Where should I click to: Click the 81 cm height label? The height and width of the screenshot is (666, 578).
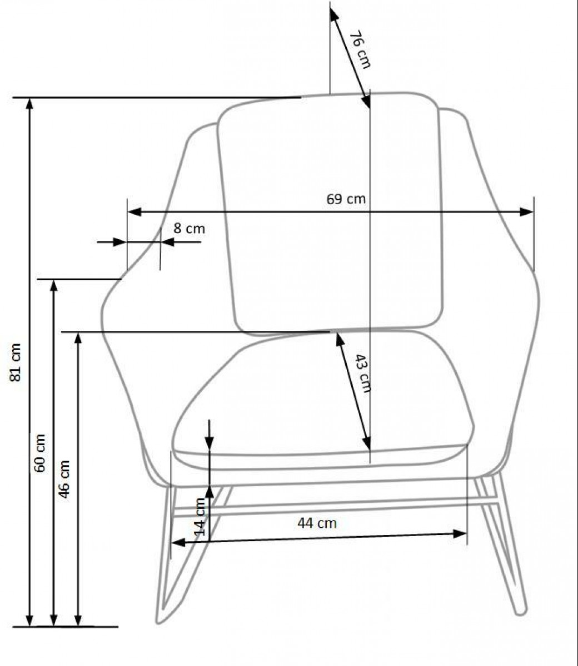(x=16, y=362)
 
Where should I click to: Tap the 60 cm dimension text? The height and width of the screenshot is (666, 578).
(x=40, y=453)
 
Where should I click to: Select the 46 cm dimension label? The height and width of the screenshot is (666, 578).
(x=64, y=480)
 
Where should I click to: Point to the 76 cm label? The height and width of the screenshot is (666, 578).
(x=360, y=49)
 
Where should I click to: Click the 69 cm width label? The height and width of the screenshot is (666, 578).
(x=346, y=199)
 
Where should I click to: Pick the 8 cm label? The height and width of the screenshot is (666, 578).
(x=189, y=229)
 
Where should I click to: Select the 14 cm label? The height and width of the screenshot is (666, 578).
(x=200, y=517)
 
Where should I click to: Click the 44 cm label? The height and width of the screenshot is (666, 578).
(x=317, y=523)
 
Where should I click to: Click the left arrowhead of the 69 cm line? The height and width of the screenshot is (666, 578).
(x=134, y=212)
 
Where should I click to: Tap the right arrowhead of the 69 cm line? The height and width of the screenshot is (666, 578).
(x=526, y=212)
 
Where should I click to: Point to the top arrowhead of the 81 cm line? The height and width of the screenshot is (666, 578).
(x=29, y=104)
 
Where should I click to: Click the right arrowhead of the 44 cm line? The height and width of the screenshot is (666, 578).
(x=460, y=534)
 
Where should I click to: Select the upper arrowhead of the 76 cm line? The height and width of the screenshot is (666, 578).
(x=334, y=14)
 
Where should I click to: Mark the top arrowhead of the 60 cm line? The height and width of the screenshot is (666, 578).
(x=54, y=286)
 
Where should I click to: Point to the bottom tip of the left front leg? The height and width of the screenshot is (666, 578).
(x=158, y=623)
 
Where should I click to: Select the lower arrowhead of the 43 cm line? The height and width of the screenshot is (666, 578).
(x=367, y=443)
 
